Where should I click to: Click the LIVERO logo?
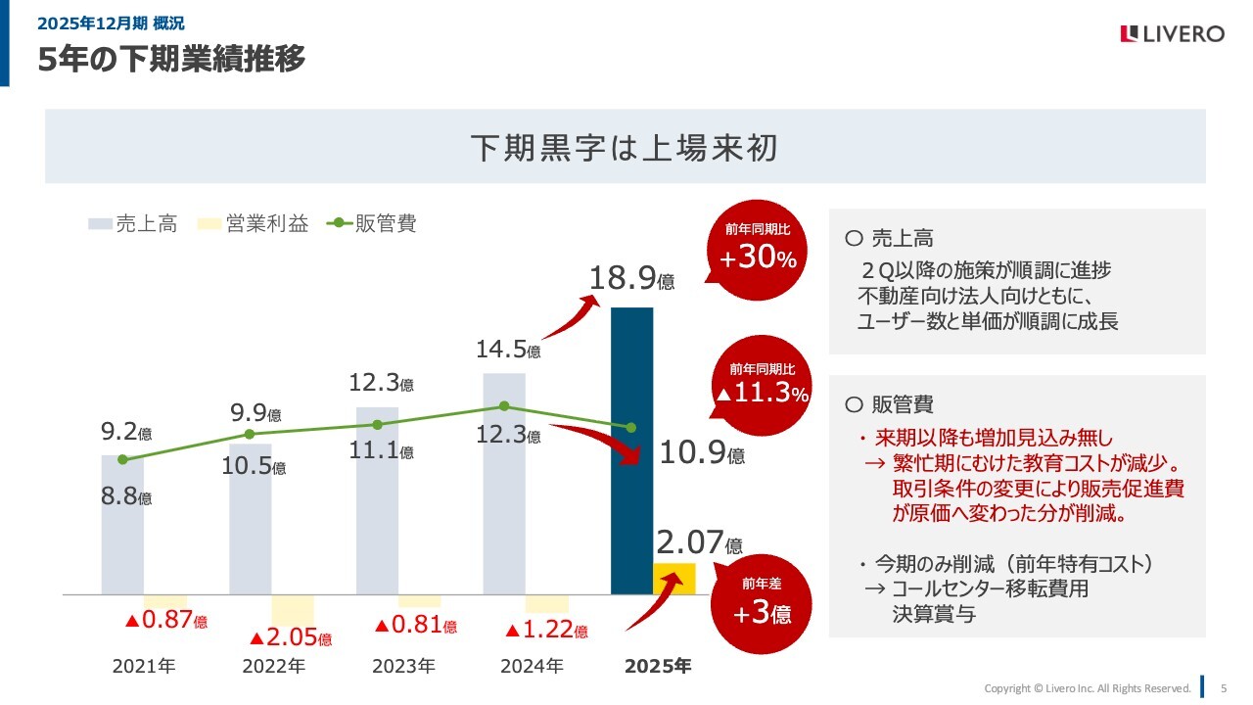pyautogui.click(x=1172, y=34)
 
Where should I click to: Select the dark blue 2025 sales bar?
pyautogui.click(x=631, y=450)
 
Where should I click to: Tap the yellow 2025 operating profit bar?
pyautogui.click(x=674, y=579)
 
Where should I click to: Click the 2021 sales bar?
pyautogui.click(x=122, y=524)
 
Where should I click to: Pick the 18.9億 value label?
pyautogui.click(x=631, y=279)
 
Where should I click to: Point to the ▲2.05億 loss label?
pyautogui.click(x=290, y=637)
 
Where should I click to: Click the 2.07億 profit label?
pyautogui.click(x=699, y=542)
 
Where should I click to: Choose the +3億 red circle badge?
pyautogui.click(x=762, y=602)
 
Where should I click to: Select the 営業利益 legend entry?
pyautogui.click(x=254, y=223)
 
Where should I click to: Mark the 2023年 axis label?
pyautogui.click(x=403, y=667)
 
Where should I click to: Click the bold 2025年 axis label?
pyautogui.click(x=658, y=667)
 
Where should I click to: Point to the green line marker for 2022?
pyautogui.click(x=250, y=434)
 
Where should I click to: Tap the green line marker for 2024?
pyautogui.click(x=504, y=405)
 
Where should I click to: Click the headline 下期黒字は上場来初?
pyautogui.click(x=625, y=147)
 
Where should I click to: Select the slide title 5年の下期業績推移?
pyautogui.click(x=171, y=60)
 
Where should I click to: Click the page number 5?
pyautogui.click(x=1224, y=687)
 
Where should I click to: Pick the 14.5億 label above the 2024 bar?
pyautogui.click(x=508, y=349)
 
